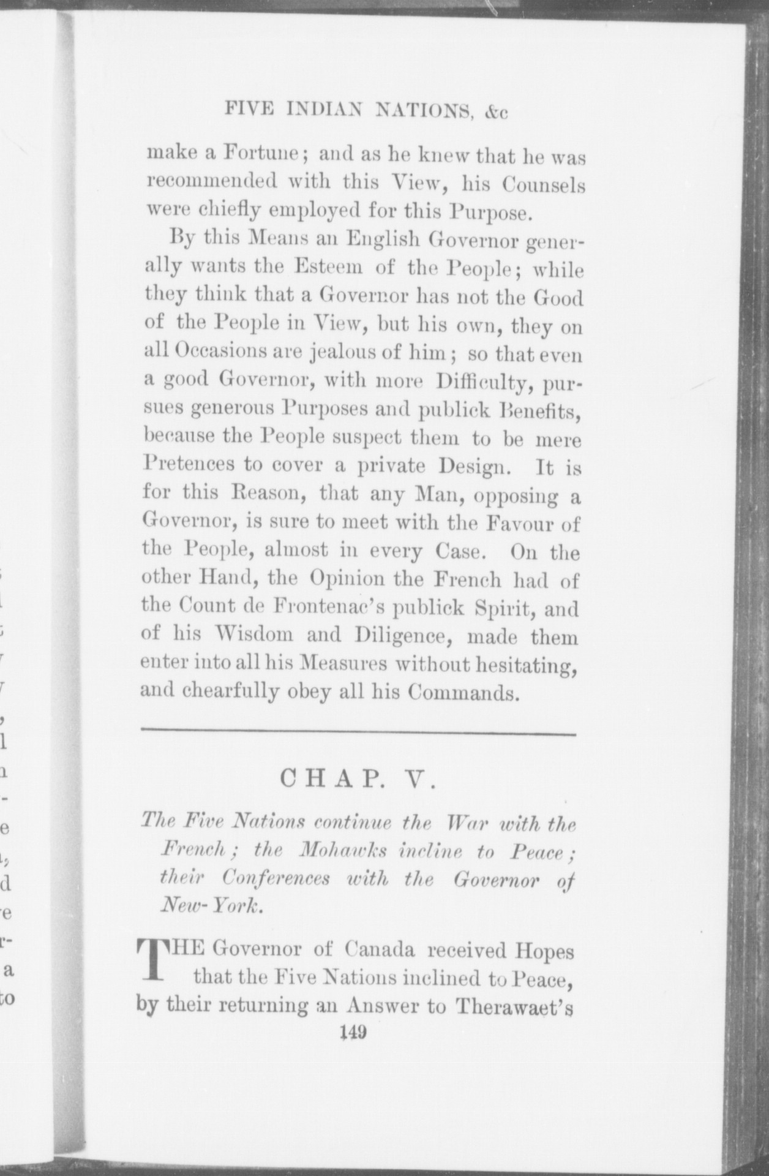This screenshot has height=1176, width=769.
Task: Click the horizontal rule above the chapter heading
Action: [358, 734]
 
